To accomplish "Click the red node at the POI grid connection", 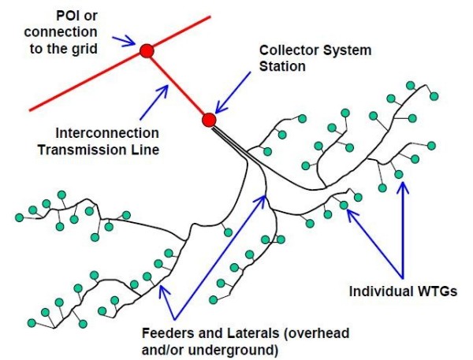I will (x=146, y=51).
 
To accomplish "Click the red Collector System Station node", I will (x=208, y=120).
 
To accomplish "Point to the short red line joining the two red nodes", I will (x=177, y=85).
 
